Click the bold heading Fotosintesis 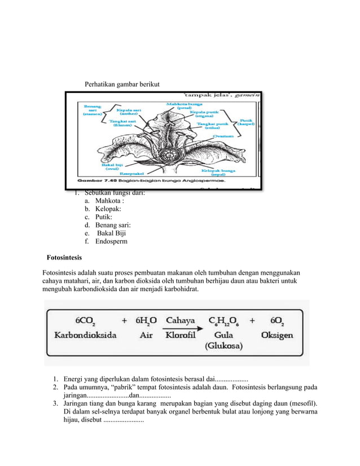click(64, 258)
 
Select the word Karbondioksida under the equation click(85, 335)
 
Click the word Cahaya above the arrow click(181, 320)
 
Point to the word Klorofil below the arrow click(181, 335)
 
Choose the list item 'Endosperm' click(111, 241)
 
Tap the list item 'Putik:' click(104, 217)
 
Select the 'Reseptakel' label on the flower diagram click(131, 174)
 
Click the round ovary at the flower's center click(169, 153)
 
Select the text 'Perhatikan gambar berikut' click(122, 85)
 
